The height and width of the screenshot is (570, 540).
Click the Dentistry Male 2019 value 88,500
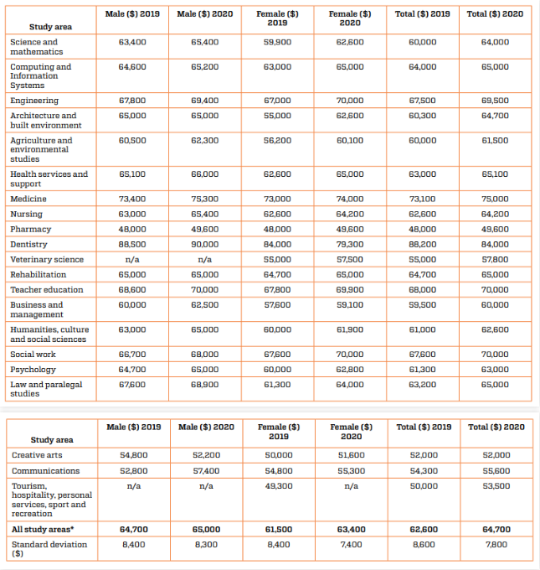click(x=132, y=244)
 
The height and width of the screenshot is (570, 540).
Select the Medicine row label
click(x=28, y=199)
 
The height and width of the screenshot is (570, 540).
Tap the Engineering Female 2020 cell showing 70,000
click(x=350, y=101)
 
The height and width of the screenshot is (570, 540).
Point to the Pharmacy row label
click(x=30, y=229)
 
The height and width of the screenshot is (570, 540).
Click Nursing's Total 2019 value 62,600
click(x=422, y=214)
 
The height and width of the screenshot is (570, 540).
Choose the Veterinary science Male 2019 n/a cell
click(x=132, y=259)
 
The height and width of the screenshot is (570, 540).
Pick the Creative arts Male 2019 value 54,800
click(x=133, y=455)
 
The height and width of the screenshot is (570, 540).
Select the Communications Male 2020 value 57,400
click(x=205, y=470)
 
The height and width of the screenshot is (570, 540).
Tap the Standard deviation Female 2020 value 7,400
click(x=351, y=544)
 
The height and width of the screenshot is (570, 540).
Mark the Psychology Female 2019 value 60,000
click(x=277, y=369)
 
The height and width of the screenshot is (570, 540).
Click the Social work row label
click(x=33, y=354)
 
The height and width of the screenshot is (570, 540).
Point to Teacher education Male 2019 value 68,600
click(x=132, y=289)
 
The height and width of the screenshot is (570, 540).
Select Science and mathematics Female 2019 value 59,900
click(x=277, y=42)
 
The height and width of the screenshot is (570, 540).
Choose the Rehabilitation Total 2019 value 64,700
click(x=422, y=274)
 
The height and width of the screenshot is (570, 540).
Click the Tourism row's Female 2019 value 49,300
click(x=278, y=485)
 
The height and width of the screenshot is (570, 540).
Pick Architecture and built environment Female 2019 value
click(x=277, y=116)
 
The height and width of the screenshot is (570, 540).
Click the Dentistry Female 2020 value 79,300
click(x=350, y=244)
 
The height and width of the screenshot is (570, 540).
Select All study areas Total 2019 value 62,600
click(x=423, y=529)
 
